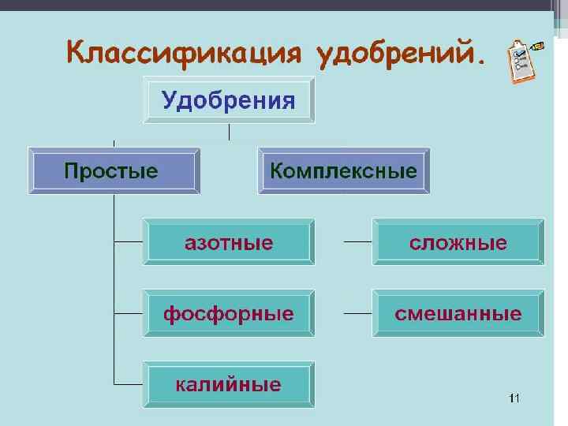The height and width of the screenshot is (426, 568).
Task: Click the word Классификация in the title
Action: tap(185, 54)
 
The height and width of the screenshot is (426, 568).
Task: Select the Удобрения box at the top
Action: tap(229, 100)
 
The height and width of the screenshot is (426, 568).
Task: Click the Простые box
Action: tap(114, 170)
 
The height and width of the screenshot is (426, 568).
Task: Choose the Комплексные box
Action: tap(344, 170)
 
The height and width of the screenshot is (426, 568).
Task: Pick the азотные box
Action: tap(229, 242)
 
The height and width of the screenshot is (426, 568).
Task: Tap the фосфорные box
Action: tap(229, 314)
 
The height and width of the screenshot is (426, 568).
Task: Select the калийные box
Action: tap(229, 385)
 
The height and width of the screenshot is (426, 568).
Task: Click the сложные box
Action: tap(458, 242)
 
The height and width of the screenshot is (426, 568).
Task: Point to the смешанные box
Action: tap(458, 314)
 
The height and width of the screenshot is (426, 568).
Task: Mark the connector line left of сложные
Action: tap(358, 241)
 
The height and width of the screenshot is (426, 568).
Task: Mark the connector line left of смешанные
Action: tap(358, 313)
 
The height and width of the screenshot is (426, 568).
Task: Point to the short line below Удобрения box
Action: tap(229, 133)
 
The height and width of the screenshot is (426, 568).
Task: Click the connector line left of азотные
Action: tap(129, 241)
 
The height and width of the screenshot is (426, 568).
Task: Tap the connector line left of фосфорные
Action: tap(129, 312)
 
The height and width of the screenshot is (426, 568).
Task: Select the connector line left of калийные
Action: tap(129, 384)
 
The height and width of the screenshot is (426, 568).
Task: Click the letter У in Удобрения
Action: tap(169, 101)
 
